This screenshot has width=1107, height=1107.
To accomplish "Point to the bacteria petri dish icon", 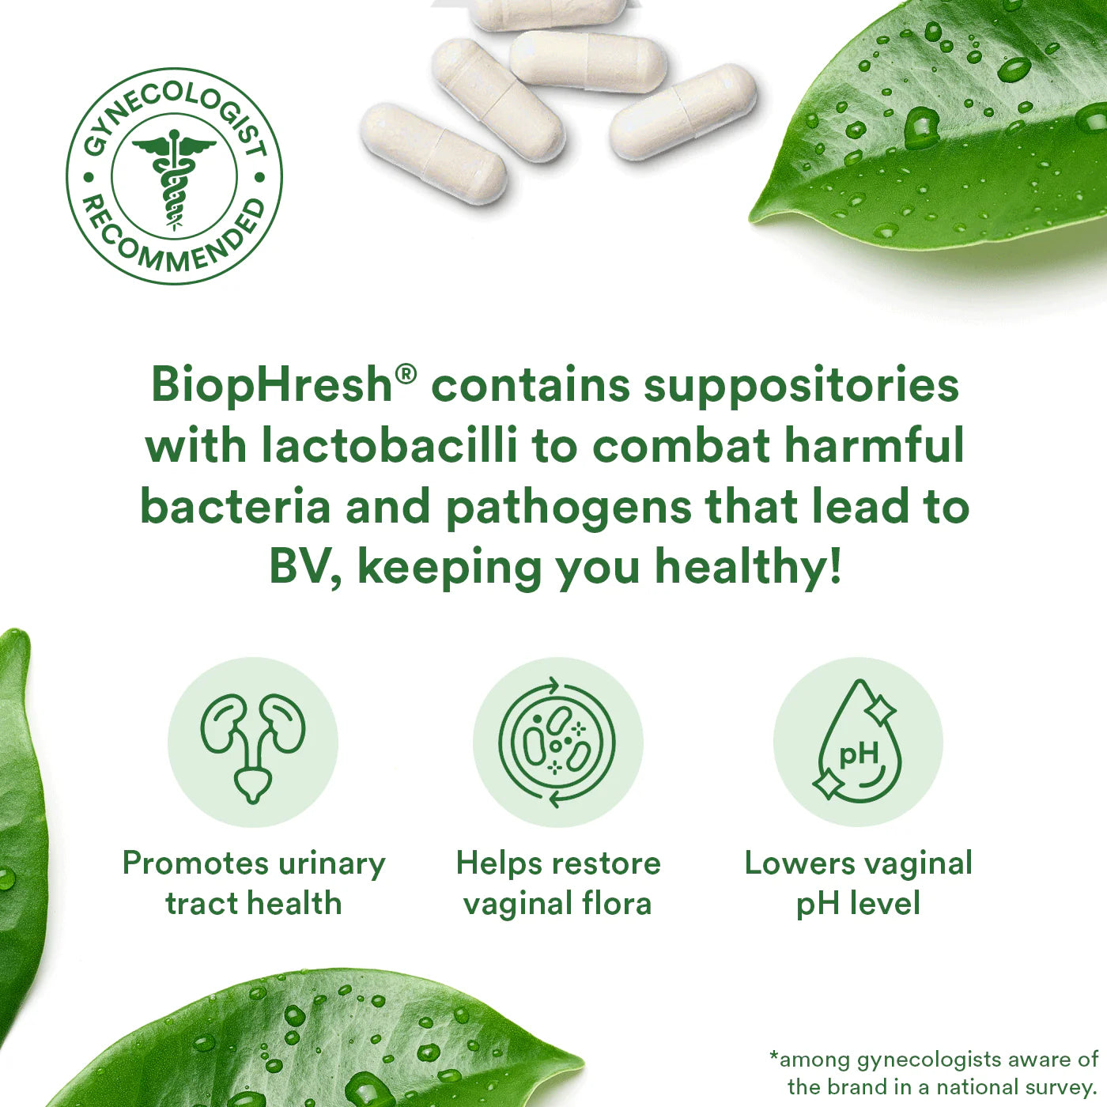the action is [557, 742].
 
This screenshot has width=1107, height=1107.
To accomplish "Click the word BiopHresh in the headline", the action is [271, 386].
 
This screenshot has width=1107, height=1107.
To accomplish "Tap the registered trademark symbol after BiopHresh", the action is [406, 375].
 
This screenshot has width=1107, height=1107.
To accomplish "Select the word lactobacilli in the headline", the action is [390, 445].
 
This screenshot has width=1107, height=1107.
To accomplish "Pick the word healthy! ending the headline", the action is [748, 569].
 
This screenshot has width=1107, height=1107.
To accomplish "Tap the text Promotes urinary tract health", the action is [253, 883].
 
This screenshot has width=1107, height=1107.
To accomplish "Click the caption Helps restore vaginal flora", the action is [557, 883].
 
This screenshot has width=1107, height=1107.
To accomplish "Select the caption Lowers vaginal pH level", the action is [858, 883].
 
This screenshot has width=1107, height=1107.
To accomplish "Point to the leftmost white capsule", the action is [433, 153].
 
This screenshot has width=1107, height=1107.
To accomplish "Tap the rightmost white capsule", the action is [683, 111].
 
